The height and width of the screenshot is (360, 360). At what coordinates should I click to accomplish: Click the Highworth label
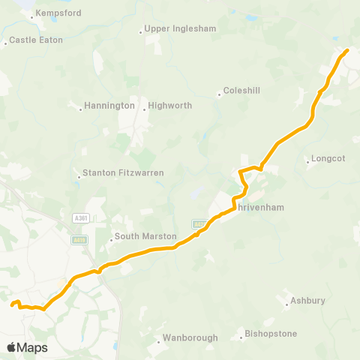[171, 106]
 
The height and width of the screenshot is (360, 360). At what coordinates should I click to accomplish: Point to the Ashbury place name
[310, 301]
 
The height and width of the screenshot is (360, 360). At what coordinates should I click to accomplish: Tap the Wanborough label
[193, 337]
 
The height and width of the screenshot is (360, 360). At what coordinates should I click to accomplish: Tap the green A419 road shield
[80, 240]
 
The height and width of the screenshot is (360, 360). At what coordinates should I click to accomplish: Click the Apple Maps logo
[28, 347]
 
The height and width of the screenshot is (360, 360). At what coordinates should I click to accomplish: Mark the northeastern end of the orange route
[346, 50]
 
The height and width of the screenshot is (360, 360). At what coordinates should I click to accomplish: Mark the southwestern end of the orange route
[12, 304]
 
